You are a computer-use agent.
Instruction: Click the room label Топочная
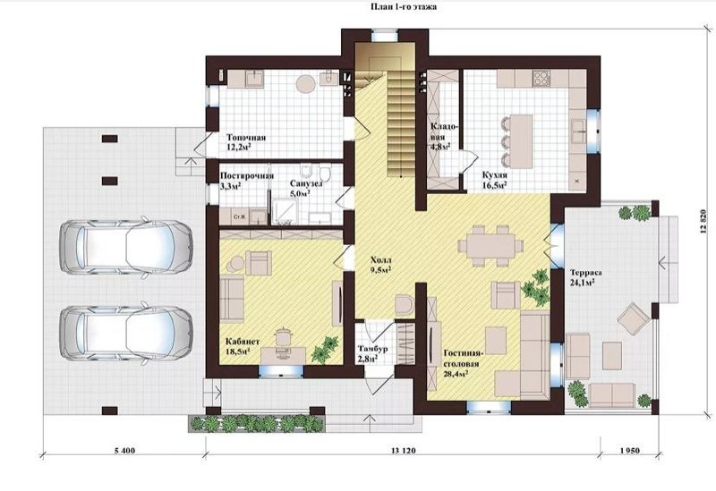(x=246, y=138)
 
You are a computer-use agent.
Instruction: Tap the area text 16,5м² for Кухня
(x=494, y=185)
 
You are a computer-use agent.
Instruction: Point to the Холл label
(x=381, y=260)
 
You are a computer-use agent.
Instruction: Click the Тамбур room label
(x=372, y=349)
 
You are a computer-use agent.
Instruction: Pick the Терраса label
(x=586, y=273)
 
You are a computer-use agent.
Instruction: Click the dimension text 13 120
(x=404, y=451)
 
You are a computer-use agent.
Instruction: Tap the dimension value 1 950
(x=630, y=451)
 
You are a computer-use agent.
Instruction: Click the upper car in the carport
(x=125, y=247)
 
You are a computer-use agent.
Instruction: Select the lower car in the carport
(x=125, y=332)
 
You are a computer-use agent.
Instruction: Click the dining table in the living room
(x=490, y=244)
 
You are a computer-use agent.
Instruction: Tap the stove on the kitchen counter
(x=541, y=78)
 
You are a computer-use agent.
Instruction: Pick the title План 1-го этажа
(x=404, y=6)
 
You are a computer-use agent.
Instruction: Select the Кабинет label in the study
(x=243, y=342)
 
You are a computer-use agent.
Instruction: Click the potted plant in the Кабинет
(x=325, y=350)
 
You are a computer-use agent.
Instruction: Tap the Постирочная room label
(x=247, y=175)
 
